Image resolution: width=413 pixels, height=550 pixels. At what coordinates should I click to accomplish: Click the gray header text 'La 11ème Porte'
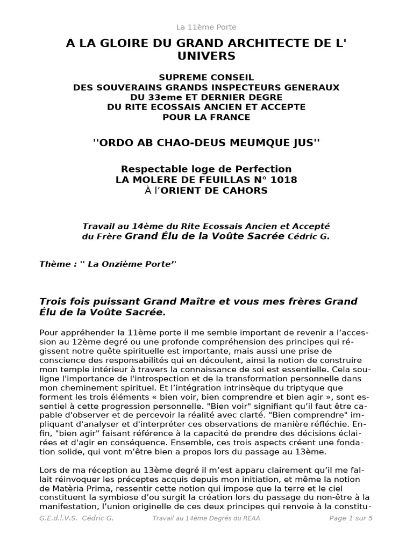[206, 27]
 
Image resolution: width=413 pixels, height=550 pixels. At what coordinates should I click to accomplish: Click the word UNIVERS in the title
[206, 56]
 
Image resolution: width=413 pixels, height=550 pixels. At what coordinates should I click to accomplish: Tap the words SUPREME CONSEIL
[206, 77]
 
